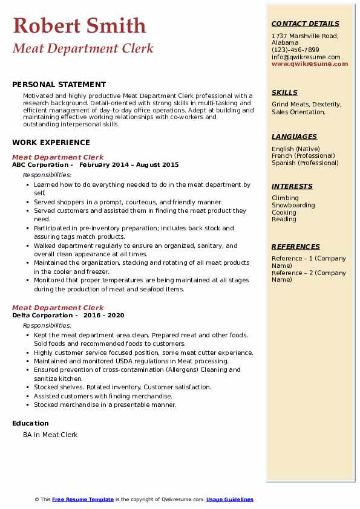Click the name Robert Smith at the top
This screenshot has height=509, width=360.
click(79, 25)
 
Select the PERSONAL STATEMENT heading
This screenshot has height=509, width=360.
click(59, 85)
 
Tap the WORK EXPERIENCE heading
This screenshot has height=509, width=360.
click(51, 143)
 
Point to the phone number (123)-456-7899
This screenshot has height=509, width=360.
click(295, 50)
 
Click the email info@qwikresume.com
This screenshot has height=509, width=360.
click(306, 57)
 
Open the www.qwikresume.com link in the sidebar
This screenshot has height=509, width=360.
click(310, 63)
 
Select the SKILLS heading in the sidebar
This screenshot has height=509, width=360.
click(284, 92)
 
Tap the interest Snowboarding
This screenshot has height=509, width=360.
click(293, 205)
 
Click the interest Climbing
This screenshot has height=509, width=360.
click(285, 198)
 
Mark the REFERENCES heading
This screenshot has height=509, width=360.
click(296, 247)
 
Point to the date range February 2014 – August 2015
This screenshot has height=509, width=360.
click(129, 165)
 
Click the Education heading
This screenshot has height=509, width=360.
click(30, 423)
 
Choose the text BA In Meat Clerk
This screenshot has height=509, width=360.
click(50, 435)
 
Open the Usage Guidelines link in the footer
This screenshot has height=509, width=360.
click(230, 499)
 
